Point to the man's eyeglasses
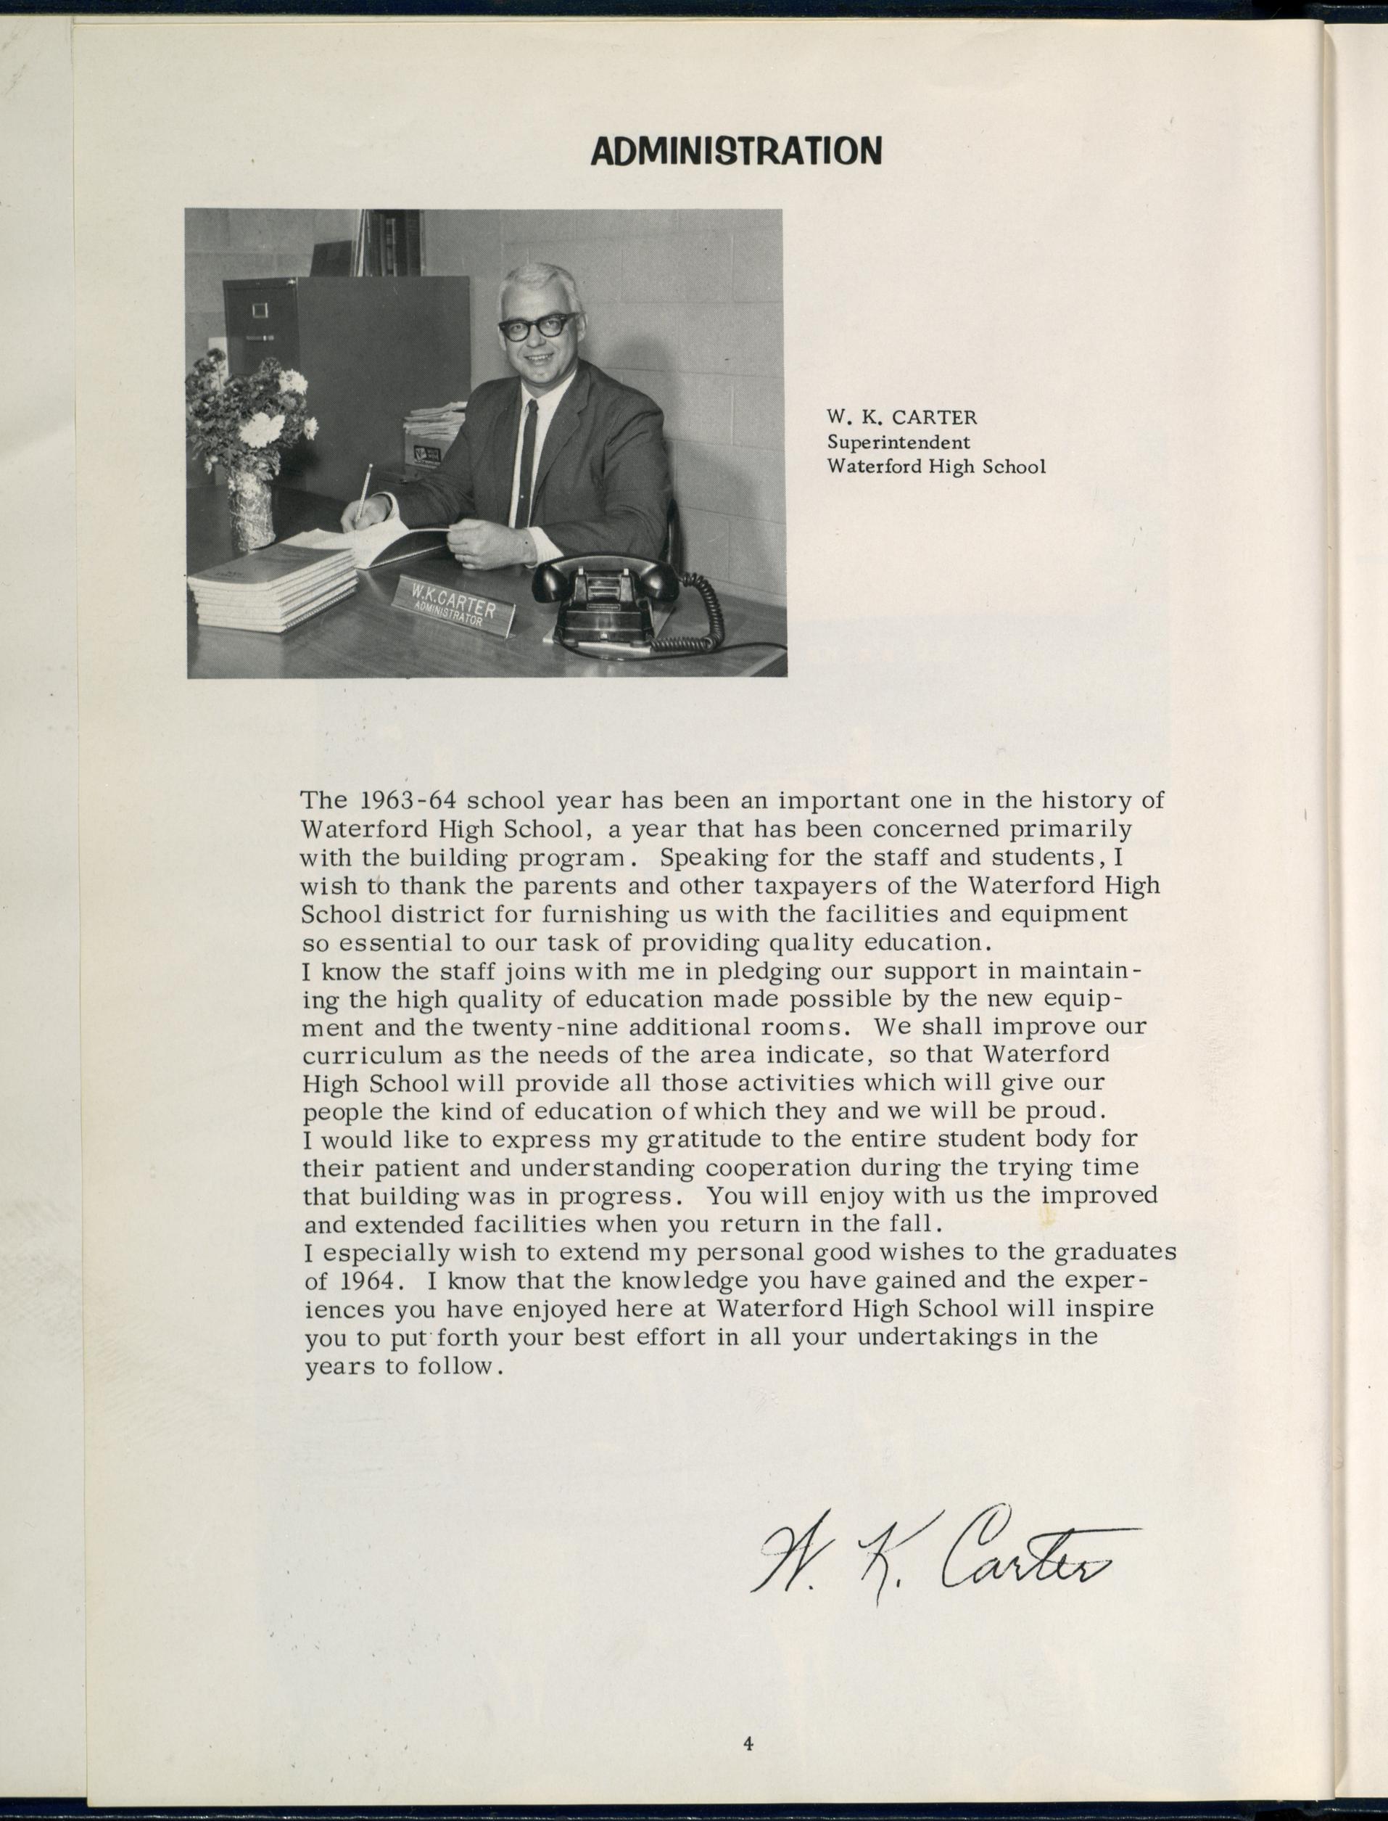point(539,326)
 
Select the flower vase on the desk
point(250,509)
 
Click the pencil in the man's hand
point(363,491)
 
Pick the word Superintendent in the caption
point(899,443)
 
